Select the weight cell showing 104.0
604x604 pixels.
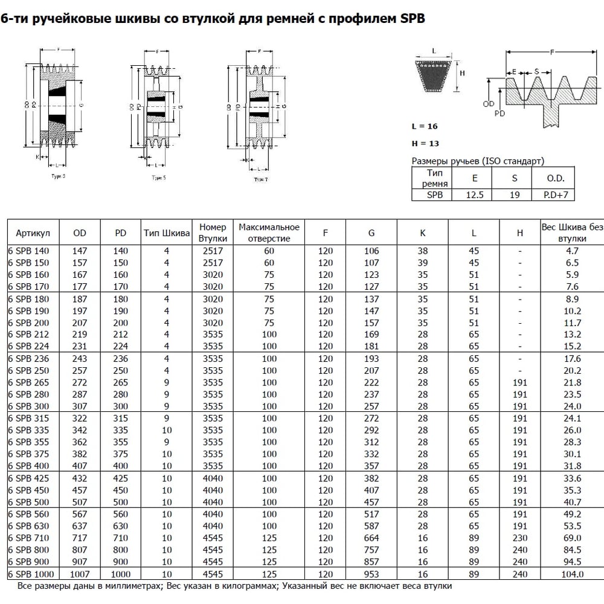tap(572, 574)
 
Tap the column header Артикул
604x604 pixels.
tap(33, 233)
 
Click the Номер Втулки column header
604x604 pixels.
tap(212, 233)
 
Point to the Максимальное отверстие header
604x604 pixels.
tap(269, 233)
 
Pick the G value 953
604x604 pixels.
tap(371, 574)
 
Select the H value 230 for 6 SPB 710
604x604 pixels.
tap(519, 538)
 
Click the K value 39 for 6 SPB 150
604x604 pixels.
tap(422, 263)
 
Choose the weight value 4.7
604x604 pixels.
tap(572, 251)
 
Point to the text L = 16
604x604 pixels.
tap(424, 126)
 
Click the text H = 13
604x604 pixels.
tap(425, 144)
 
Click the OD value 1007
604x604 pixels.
tap(80, 574)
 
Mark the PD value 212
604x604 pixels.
tap(121, 334)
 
